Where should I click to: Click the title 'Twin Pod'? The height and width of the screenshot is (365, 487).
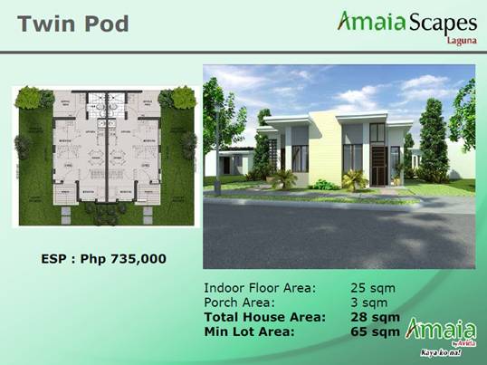click(x=72, y=23)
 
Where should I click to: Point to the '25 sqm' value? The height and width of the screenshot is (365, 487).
click(x=373, y=288)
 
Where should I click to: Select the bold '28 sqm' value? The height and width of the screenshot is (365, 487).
click(x=375, y=317)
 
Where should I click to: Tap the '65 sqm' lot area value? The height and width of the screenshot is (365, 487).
click(x=375, y=331)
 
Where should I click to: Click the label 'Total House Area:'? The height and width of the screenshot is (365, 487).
click(x=264, y=317)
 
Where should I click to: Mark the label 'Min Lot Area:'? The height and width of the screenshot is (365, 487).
click(x=249, y=331)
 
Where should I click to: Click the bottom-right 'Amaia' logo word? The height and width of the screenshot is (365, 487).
click(x=431, y=329)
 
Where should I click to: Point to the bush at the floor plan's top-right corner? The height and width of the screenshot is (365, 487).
click(x=179, y=97)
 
